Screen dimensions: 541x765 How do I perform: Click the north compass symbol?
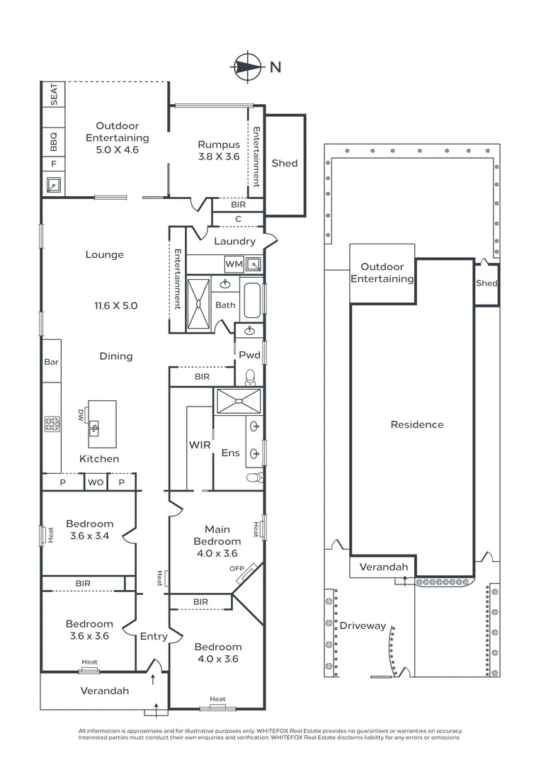coord(246,67)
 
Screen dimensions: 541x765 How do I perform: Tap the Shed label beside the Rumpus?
coord(285,163)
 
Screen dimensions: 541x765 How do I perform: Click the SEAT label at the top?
coord(53,94)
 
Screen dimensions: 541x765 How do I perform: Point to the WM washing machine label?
coord(234,264)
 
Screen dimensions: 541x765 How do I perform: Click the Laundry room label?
coord(234,242)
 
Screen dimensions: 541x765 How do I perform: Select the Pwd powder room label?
coord(249,355)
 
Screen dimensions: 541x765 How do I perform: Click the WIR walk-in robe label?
coord(199,446)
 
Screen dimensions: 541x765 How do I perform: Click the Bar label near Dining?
coord(51,362)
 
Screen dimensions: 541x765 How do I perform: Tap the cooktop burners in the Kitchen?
coord(52,425)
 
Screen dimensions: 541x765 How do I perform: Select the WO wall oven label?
coord(95,482)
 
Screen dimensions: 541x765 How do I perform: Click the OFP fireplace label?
coord(236,569)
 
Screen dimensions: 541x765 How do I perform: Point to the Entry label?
coord(154,636)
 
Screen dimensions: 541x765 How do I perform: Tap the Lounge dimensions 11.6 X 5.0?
coord(116,306)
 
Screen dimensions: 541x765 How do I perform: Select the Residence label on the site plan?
coord(417,424)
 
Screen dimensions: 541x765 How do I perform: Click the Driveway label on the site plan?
coord(363,625)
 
